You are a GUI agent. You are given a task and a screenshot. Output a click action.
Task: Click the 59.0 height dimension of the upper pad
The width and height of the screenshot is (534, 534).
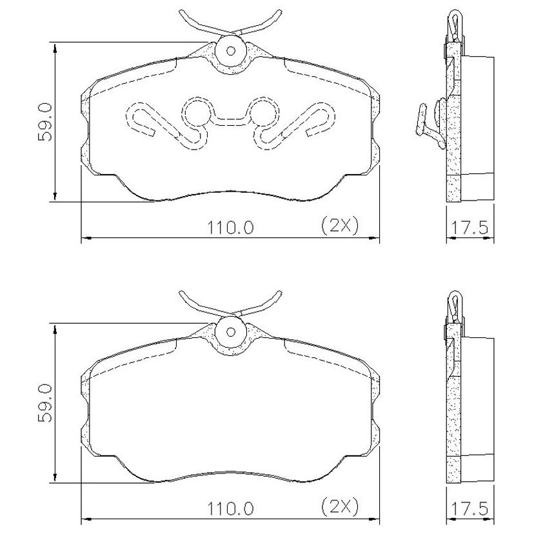coord(44,123)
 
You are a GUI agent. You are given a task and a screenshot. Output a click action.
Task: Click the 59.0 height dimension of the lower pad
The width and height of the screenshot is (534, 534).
coord(44,404)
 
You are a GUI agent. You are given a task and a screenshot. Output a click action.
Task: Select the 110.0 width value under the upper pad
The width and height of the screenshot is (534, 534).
coord(230,227)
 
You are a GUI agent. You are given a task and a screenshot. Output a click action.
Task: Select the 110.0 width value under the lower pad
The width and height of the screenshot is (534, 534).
coord(230,509)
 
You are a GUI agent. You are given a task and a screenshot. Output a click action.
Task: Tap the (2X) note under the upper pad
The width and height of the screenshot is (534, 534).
coord(340,226)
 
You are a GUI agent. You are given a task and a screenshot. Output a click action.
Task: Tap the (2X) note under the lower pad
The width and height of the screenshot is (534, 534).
coord(340,508)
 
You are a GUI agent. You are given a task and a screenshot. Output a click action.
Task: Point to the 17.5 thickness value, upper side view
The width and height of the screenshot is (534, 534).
coord(470,227)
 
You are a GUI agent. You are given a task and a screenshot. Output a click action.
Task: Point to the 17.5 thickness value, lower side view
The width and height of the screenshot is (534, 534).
coord(470,509)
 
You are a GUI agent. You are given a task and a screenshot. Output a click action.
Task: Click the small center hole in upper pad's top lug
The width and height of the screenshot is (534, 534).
coord(230,51)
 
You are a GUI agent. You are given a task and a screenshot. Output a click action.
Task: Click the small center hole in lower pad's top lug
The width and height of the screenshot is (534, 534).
coord(230,332)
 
